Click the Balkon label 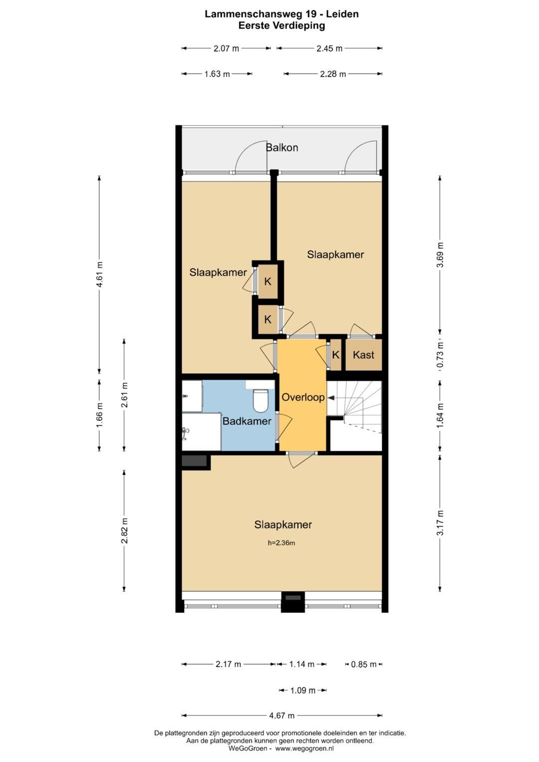point(282,148)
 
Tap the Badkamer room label point(247,421)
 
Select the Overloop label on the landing point(303,397)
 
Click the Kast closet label point(363,355)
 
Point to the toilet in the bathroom point(262,400)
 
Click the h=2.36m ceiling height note point(281,543)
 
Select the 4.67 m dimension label point(282,716)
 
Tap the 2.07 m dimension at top point(226,48)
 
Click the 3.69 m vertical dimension point(440,255)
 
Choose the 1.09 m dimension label point(302,690)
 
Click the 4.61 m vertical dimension point(100,274)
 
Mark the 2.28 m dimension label point(333,74)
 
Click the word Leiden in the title point(342,14)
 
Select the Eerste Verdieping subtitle point(281,25)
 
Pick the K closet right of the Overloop point(335,355)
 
